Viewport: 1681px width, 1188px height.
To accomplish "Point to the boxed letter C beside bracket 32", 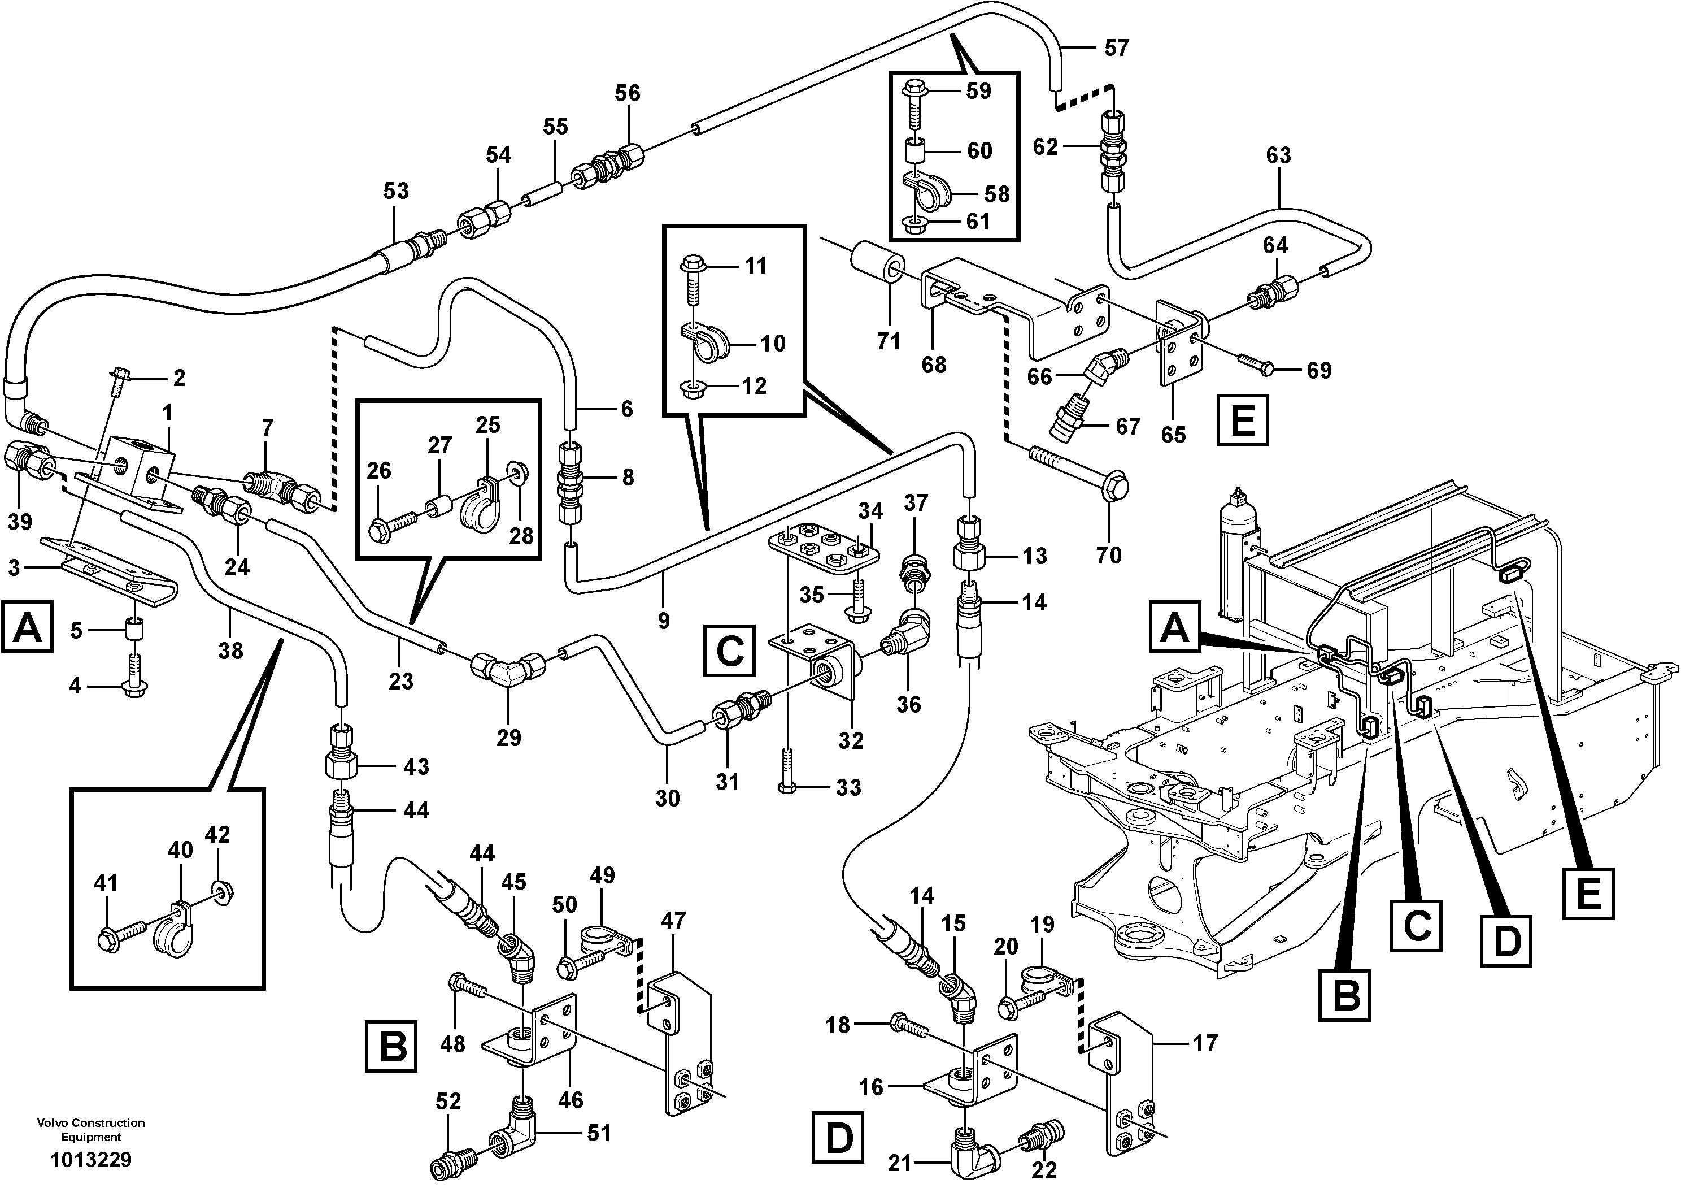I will (729, 649).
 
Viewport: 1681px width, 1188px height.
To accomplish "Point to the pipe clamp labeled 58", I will (926, 189).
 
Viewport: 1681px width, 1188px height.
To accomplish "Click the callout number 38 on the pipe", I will (230, 649).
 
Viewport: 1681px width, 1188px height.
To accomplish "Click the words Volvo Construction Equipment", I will (91, 1129).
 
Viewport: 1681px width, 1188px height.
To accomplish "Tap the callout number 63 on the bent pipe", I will (1278, 155).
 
